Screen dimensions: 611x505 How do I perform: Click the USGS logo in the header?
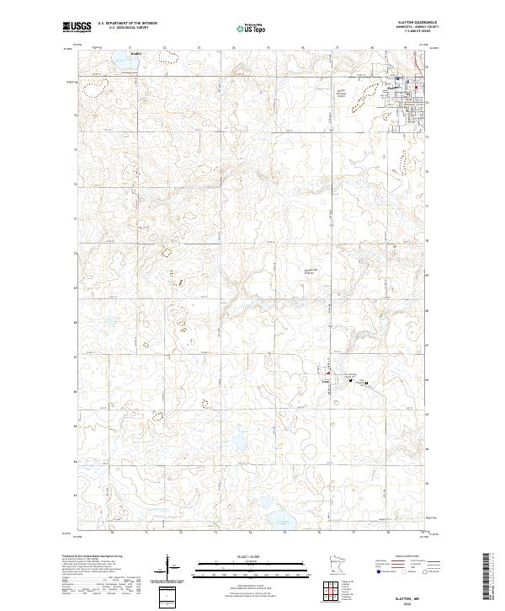point(77,27)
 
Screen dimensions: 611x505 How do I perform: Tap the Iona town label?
point(323,381)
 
